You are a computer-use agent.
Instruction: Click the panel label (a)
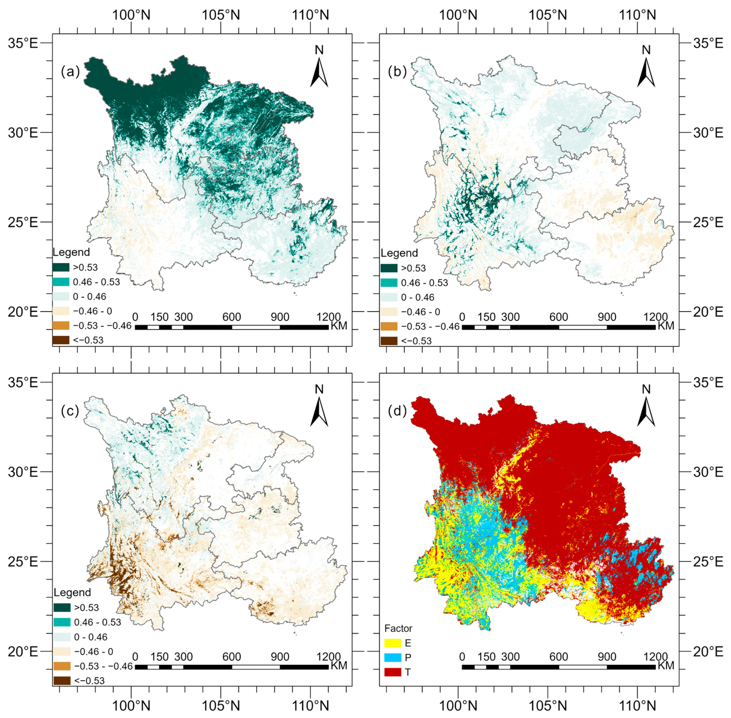point(70,72)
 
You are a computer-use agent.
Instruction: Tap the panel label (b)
point(397,72)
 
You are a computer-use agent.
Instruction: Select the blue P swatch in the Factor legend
point(392,657)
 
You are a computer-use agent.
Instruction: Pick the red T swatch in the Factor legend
point(392,672)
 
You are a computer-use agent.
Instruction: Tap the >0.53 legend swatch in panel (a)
point(61,267)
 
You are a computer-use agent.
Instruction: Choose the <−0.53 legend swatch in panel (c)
point(62,681)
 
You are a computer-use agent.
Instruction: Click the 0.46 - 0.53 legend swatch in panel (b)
point(389,283)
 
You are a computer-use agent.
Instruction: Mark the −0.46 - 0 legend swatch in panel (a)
point(61,311)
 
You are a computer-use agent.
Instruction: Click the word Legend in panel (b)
point(399,253)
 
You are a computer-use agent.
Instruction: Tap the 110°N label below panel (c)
point(310,705)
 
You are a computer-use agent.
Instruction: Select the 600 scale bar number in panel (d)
point(559,656)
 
